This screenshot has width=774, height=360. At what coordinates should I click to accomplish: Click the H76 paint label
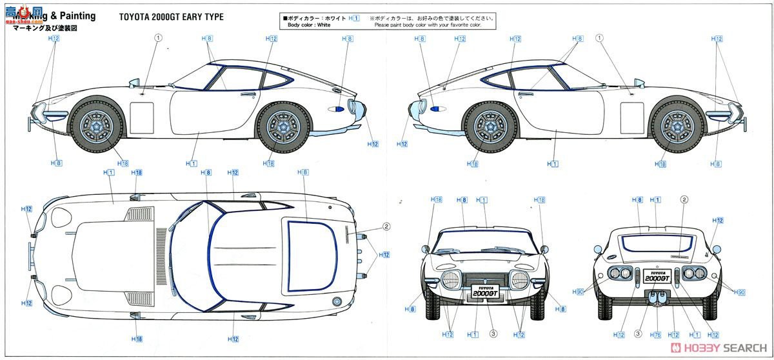coord(657,334)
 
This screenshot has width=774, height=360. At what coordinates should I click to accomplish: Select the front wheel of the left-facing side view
coord(97,124)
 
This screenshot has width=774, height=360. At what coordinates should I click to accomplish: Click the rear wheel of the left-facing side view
coord(283,124)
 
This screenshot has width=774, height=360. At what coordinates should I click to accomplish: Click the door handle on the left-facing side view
coord(246,94)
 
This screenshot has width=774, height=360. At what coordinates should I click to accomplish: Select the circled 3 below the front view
coord(493,334)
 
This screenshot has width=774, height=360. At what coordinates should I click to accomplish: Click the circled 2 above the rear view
coord(684,199)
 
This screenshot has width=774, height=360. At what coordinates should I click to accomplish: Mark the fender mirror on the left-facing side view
coord(134,82)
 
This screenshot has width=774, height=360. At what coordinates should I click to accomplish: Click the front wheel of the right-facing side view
coord(677,124)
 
